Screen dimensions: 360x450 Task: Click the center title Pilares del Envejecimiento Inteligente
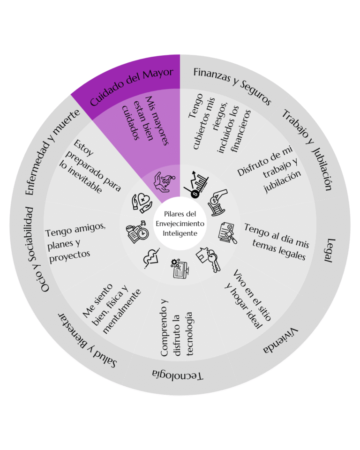click(x=180, y=224)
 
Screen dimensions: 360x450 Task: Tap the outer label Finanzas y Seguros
click(x=232, y=85)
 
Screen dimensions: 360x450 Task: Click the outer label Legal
click(x=329, y=250)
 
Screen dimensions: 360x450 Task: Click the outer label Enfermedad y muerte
click(x=52, y=152)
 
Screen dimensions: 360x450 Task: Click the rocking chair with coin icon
click(x=218, y=202)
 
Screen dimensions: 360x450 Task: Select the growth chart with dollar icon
click(x=196, y=185)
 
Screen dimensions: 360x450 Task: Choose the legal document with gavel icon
click(x=228, y=233)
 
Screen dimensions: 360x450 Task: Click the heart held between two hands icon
click(x=142, y=203)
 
